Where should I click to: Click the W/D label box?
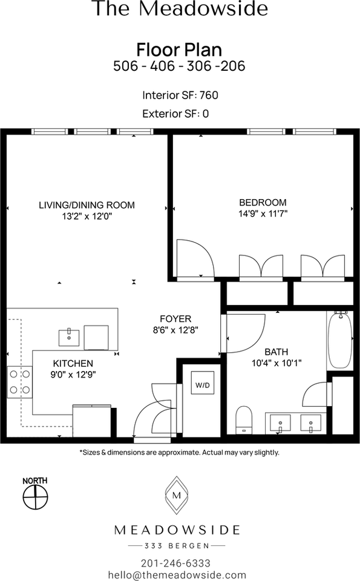pyautogui.click(x=202, y=385)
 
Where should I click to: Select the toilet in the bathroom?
pyautogui.click(x=243, y=419)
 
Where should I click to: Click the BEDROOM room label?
pyautogui.click(x=263, y=203)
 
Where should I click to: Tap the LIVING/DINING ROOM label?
pyautogui.click(x=87, y=205)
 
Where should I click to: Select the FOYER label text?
pyautogui.click(x=175, y=319)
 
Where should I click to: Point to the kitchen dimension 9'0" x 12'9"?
pyautogui.click(x=74, y=375)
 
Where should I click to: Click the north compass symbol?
pyautogui.click(x=35, y=498)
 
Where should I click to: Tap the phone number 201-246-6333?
pyautogui.click(x=176, y=562)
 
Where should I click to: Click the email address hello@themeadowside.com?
pyautogui.click(x=177, y=575)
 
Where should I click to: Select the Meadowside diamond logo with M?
pyautogui.click(x=177, y=495)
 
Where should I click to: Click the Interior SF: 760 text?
pyautogui.click(x=180, y=95)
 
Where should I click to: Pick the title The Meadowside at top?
pyautogui.click(x=180, y=9)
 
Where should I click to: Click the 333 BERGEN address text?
pyautogui.click(x=177, y=545)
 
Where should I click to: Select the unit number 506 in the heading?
pyautogui.click(x=126, y=66)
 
